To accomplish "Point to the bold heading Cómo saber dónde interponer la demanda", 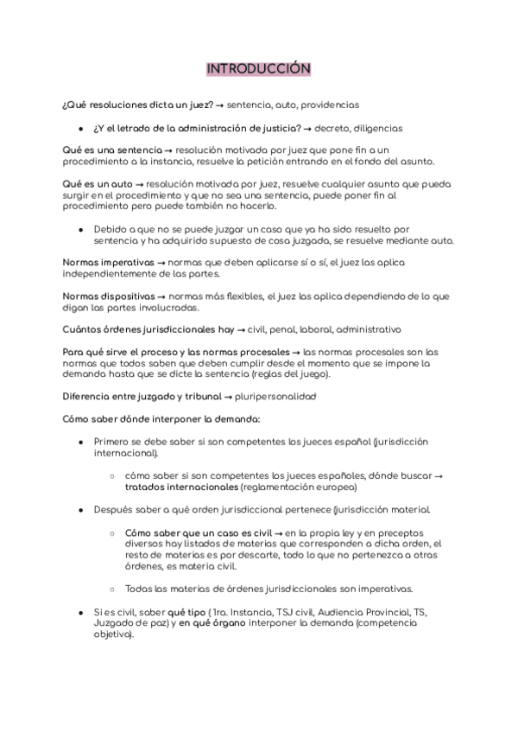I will click(161, 419).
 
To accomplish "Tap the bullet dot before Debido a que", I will click(80, 229).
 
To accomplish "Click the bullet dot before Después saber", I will click(80, 510).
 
